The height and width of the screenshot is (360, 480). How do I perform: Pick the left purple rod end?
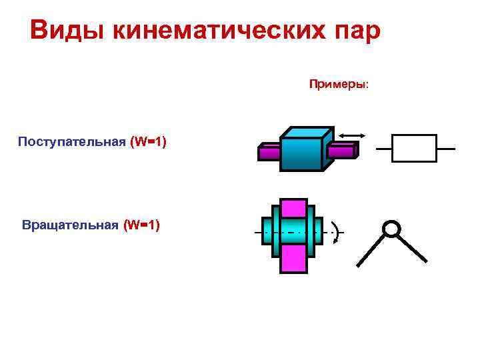click(x=268, y=153)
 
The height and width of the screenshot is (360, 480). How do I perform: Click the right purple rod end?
click(x=342, y=151)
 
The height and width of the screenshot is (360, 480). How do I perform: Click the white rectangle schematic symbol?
click(x=414, y=148)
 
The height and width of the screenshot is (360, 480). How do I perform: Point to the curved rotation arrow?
click(x=338, y=233)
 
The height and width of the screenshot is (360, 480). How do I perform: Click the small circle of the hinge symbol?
click(x=392, y=229)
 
